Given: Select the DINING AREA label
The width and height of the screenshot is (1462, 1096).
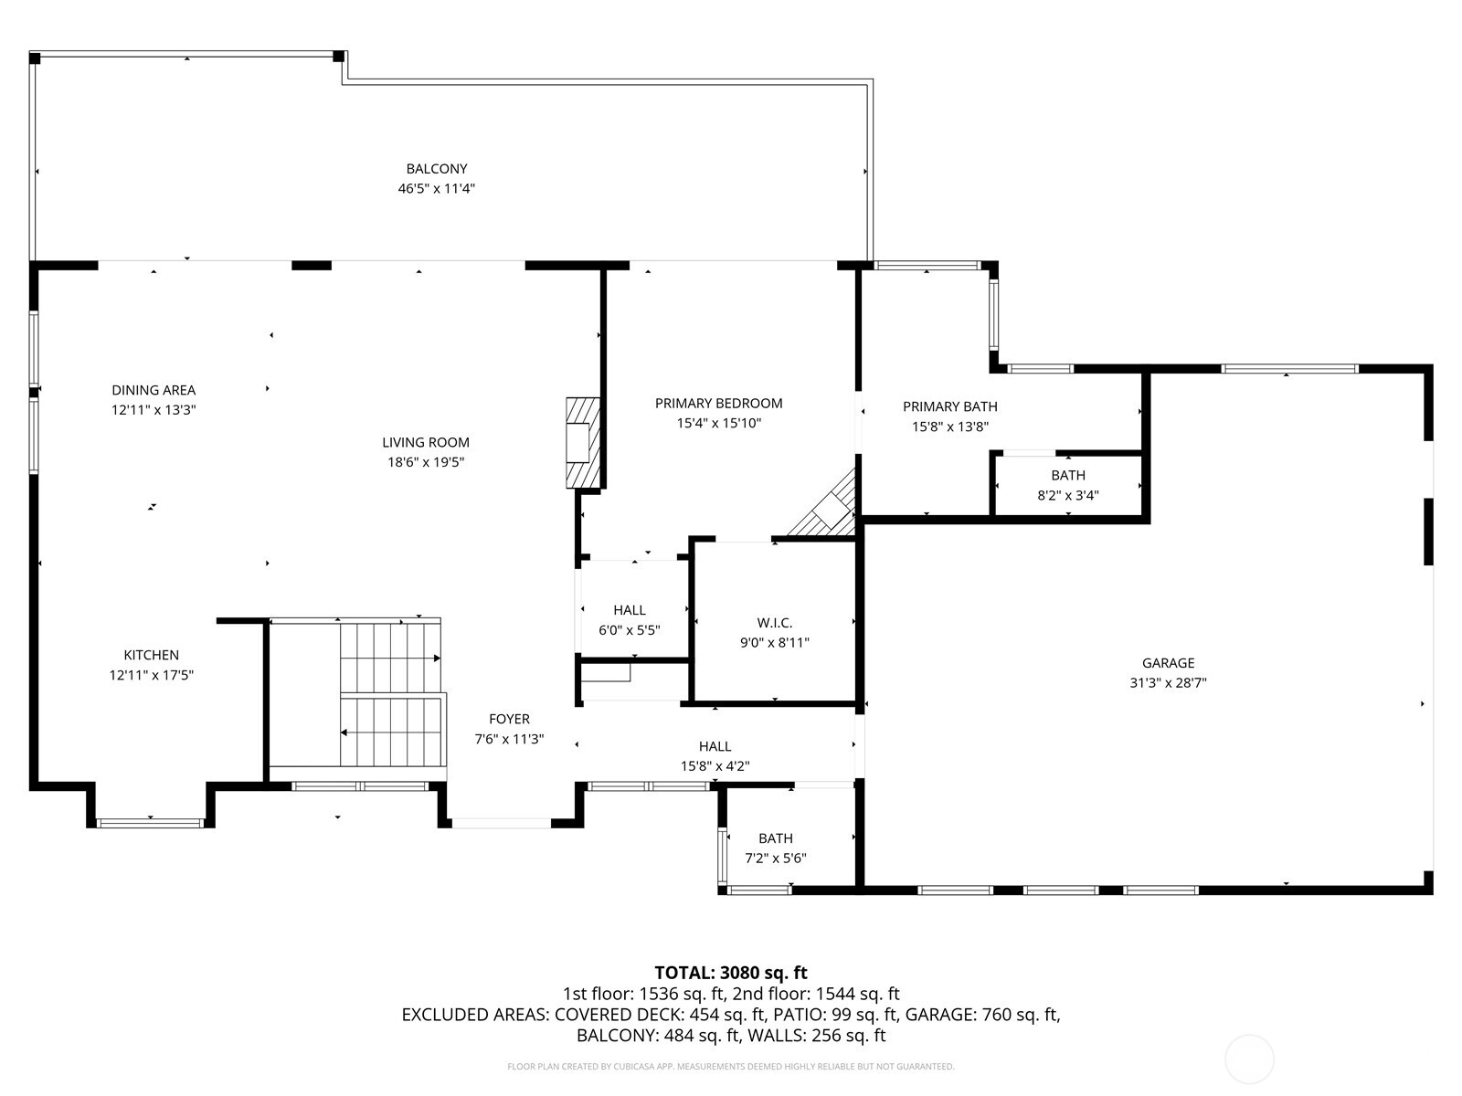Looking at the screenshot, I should pos(154,390).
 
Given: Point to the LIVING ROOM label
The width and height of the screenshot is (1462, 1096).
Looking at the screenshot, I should pos(426,442).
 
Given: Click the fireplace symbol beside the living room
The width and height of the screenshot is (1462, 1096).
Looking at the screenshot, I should pos(582,443).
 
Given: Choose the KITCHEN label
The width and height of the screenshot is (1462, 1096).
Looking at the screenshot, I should pos(152,655).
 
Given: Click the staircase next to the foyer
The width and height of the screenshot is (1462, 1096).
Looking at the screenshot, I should pos(391,694).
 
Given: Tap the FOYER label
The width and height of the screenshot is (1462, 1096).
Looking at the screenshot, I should pos(509,719).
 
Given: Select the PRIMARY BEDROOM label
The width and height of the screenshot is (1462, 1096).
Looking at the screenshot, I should pos(718,403).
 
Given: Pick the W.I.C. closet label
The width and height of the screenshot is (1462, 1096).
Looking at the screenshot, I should pos(774,623).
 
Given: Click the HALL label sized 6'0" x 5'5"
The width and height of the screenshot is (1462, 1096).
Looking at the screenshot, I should pos(629,610).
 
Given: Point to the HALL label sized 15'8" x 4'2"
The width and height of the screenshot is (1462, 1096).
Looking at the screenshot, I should pos(715,746).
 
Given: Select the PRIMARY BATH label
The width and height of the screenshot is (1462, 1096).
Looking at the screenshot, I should pos(949,406).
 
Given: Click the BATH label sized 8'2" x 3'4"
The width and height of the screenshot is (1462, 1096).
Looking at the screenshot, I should pos(1067,475).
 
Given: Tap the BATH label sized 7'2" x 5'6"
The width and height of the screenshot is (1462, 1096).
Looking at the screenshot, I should pos(775,838).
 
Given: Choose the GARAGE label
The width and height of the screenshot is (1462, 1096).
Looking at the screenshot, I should pos(1168,663).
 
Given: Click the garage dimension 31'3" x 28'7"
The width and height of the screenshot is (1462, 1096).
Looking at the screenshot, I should pos(1168,682).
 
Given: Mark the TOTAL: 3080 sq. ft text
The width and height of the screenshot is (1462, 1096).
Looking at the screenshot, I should pos(730,973).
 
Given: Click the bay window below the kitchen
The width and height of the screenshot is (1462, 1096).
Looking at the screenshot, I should pos(151,823).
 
